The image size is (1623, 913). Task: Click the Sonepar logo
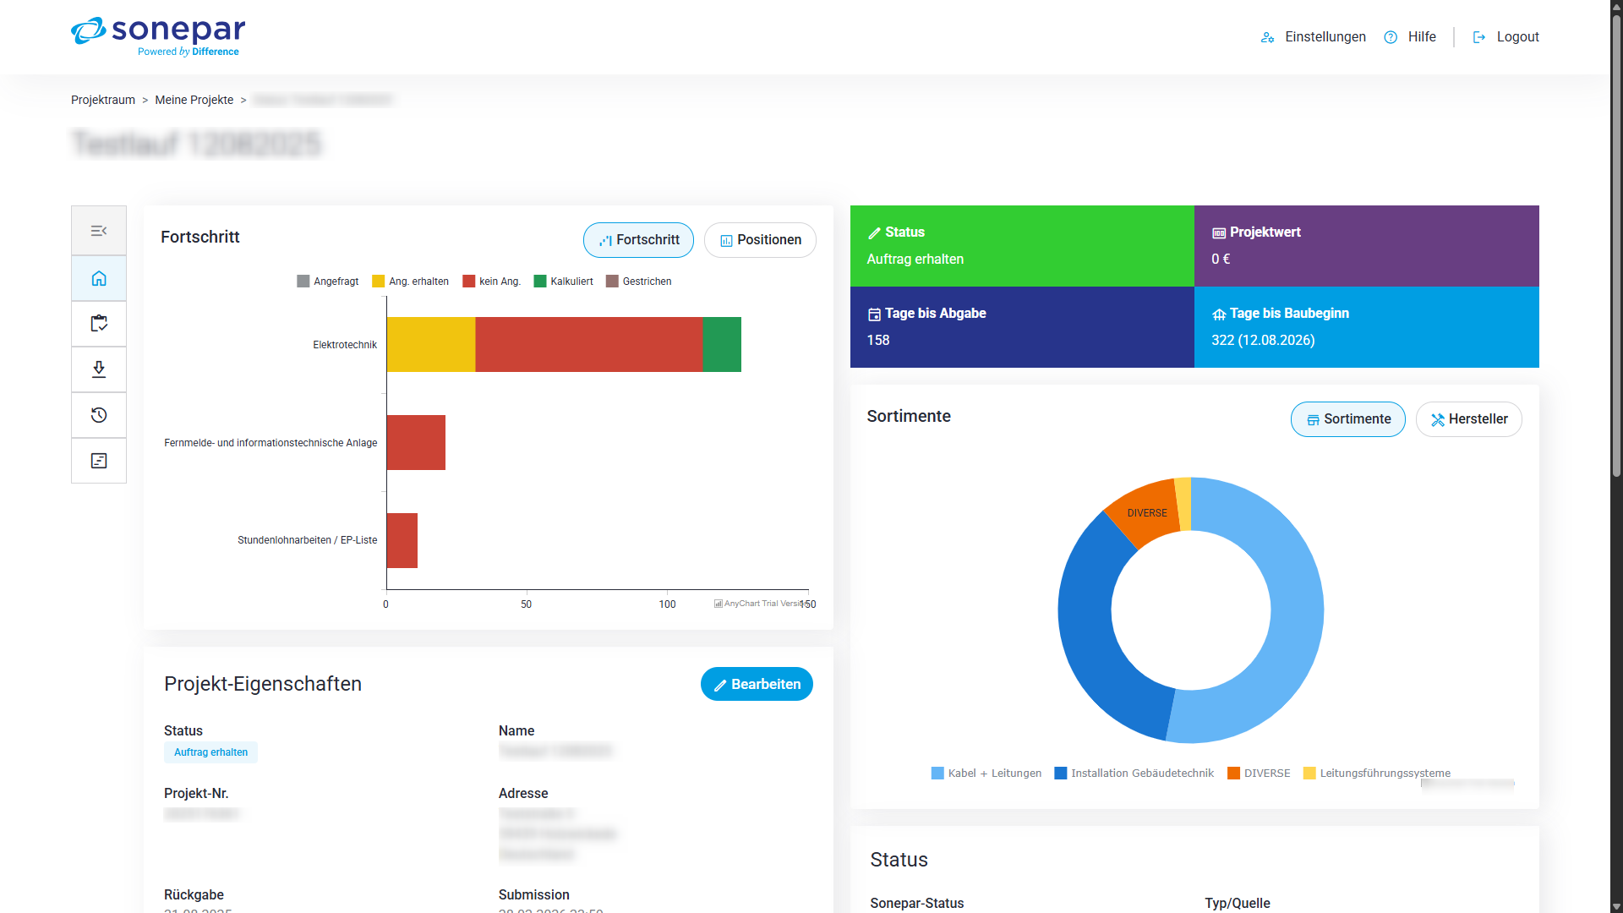(158, 36)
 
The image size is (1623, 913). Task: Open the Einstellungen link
(1324, 37)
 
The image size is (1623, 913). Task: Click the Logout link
(1516, 37)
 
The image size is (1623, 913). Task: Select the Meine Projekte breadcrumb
(194, 100)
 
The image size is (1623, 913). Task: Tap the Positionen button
(760, 240)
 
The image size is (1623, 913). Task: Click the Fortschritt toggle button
(638, 240)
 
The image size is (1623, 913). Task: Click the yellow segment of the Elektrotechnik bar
(430, 344)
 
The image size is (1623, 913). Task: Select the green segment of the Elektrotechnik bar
(722, 344)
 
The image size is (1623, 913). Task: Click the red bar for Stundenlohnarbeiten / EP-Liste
(402, 540)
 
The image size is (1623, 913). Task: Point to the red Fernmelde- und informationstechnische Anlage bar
(415, 442)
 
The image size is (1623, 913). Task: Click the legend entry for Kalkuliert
(564, 282)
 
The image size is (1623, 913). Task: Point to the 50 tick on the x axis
(526, 604)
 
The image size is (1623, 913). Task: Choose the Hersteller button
(1468, 419)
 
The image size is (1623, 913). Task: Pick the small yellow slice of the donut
(1183, 504)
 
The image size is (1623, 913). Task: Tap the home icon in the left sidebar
(99, 278)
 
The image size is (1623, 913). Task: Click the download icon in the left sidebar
(99, 369)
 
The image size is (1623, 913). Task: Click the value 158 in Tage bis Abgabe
(878, 340)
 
